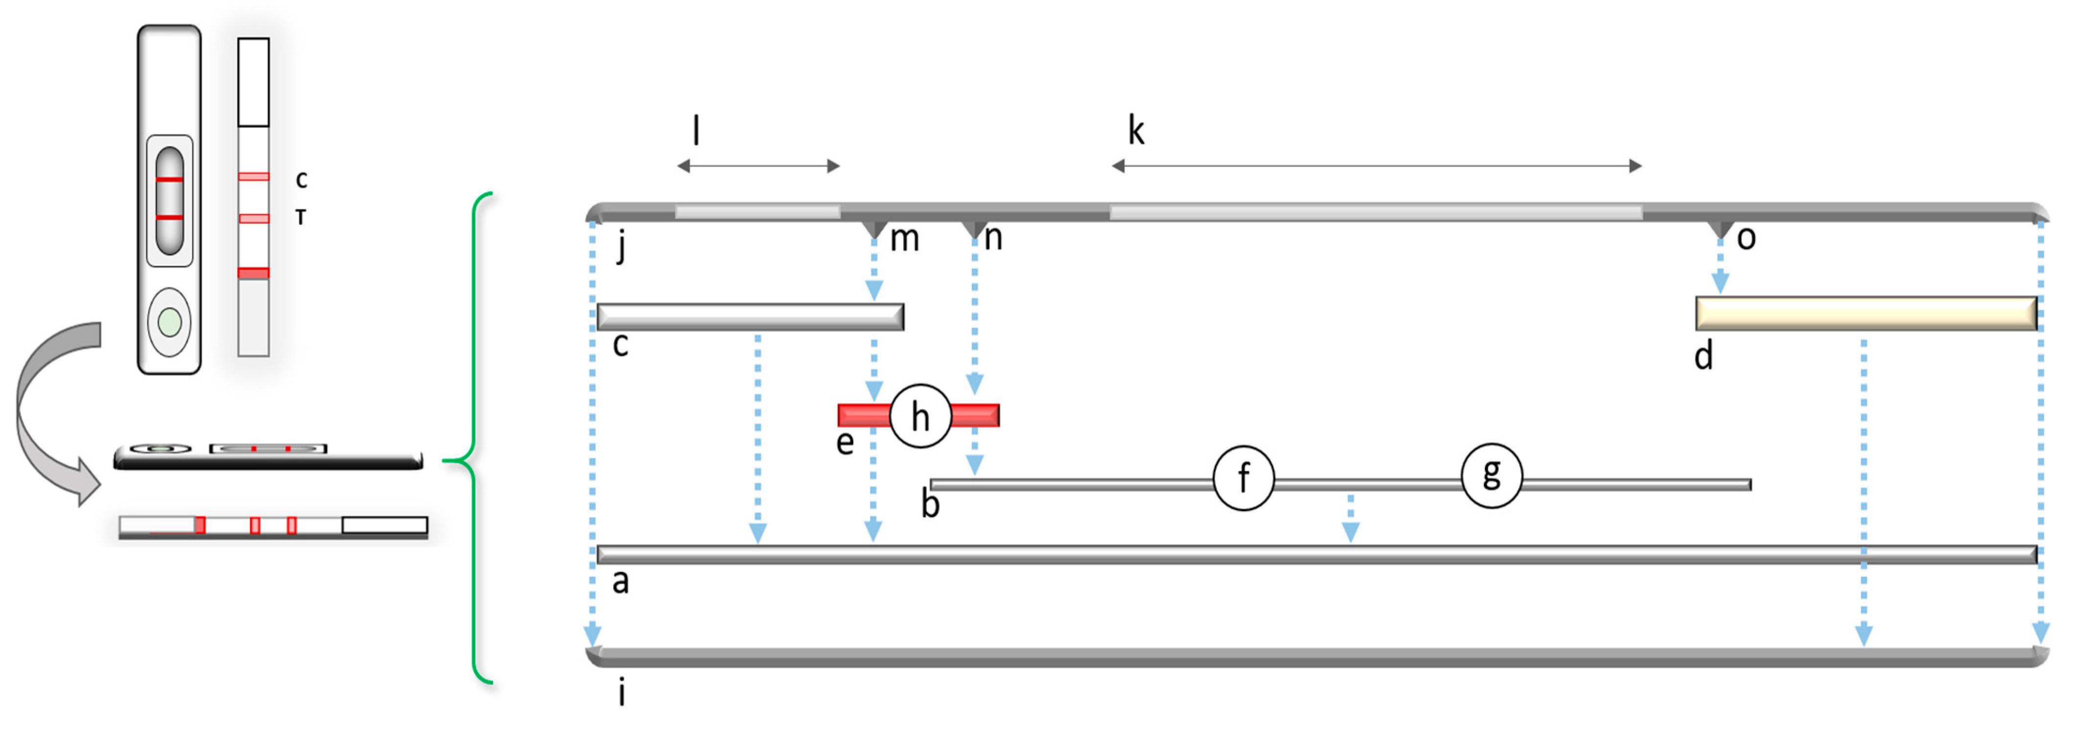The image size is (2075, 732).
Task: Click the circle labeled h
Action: [x=920, y=416]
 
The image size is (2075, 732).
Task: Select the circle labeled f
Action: [x=1243, y=477]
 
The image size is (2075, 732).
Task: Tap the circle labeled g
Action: [x=1491, y=475]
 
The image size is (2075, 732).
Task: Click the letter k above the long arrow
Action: [x=1136, y=130]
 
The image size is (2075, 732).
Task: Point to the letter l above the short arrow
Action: [x=696, y=130]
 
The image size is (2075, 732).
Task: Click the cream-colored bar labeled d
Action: [x=1865, y=313]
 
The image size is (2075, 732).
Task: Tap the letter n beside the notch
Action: [x=993, y=237]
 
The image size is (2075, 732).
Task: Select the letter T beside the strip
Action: [x=301, y=216]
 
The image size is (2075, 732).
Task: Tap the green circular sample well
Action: [x=169, y=322]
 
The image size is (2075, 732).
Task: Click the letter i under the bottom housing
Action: [x=621, y=692]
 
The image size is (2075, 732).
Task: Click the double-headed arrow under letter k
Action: [x=1376, y=166]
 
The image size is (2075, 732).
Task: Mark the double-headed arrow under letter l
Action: [x=758, y=166]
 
